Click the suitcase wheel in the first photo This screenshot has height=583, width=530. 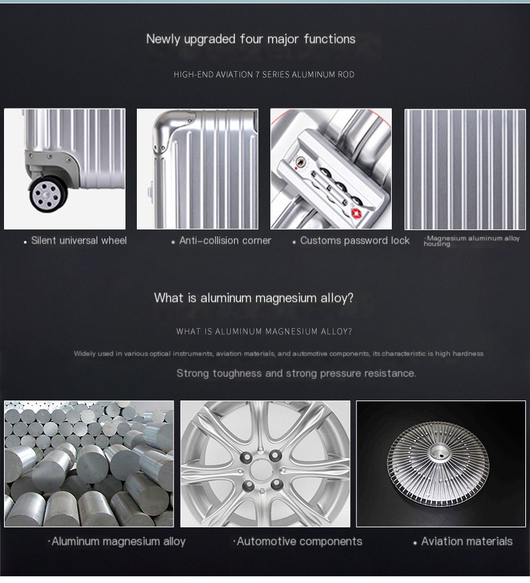click(x=48, y=194)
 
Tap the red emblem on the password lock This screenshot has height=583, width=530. click(x=357, y=214)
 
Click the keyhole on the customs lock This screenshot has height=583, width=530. click(x=300, y=162)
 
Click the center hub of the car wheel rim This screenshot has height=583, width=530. click(x=262, y=470)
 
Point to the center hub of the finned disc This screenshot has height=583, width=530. click(x=440, y=454)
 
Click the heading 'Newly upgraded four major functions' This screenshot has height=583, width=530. click(x=251, y=39)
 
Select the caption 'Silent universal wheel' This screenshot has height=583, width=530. click(x=79, y=241)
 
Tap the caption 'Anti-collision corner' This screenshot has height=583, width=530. click(x=225, y=241)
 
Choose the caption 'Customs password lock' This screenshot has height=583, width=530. click(x=355, y=241)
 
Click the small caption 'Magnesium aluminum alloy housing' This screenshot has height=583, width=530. click(x=472, y=241)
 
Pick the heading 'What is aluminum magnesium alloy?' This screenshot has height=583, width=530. click(x=254, y=298)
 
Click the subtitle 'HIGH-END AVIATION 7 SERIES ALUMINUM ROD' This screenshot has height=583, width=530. click(x=264, y=74)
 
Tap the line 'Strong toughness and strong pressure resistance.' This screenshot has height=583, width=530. click(x=297, y=373)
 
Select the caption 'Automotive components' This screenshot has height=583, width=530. click(x=299, y=541)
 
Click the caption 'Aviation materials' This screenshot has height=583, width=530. click(x=467, y=541)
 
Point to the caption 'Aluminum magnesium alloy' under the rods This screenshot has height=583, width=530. click(x=119, y=541)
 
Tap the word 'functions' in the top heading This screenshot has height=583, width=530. click(x=329, y=39)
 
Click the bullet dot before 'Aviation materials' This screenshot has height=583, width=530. click(x=415, y=543)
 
